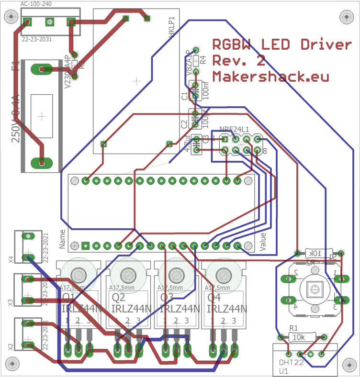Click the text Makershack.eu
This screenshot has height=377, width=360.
[270, 76]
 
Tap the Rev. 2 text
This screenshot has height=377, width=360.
[238, 61]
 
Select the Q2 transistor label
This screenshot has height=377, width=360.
[118, 297]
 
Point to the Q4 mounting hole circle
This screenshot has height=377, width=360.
[222, 275]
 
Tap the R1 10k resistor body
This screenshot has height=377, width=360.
[302, 337]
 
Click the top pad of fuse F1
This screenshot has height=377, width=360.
[42, 69]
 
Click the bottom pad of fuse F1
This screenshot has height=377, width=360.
[42, 163]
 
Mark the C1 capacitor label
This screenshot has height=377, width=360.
[185, 96]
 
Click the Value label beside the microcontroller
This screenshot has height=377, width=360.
[262, 242]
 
